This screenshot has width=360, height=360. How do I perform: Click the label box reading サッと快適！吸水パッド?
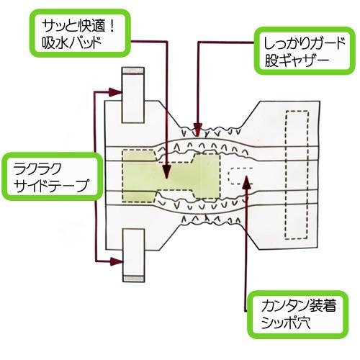[x=80, y=33]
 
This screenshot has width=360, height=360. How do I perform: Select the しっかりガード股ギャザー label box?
[x=305, y=50]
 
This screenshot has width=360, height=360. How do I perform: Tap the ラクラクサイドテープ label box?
[x=51, y=176]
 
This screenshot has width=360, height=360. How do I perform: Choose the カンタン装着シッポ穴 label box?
[x=298, y=315]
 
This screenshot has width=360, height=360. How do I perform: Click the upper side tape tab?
[x=133, y=95]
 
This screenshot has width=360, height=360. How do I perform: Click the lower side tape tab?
[x=133, y=256]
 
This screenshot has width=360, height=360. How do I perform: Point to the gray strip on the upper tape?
[x=133, y=71]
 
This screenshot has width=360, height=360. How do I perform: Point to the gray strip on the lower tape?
[x=133, y=279]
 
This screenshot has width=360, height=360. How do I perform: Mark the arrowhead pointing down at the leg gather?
[x=198, y=130]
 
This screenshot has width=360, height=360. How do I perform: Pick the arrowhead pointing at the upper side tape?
[x=115, y=92]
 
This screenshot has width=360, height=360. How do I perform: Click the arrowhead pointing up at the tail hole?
[x=246, y=182]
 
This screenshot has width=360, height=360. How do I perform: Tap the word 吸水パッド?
[x=71, y=43]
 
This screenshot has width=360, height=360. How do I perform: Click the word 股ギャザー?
[x=297, y=60]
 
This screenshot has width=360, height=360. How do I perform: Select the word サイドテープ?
[x=50, y=186]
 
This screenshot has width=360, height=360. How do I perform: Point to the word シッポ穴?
[x=286, y=323]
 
